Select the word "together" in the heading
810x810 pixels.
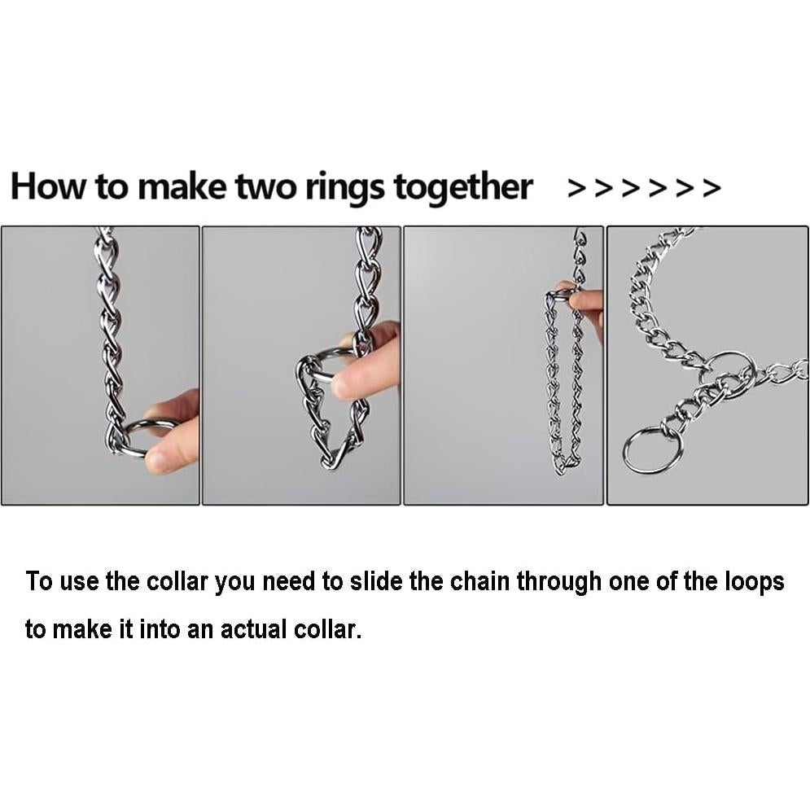click(x=462, y=188)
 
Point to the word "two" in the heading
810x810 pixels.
click(x=266, y=188)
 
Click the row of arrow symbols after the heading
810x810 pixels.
click(x=644, y=189)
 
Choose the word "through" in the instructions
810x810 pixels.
click(x=559, y=582)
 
